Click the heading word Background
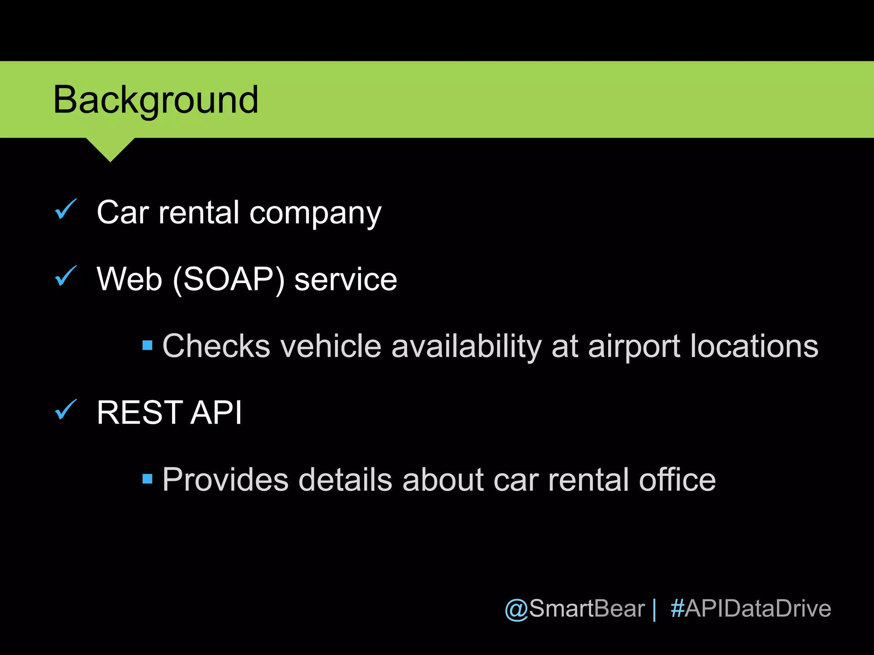pos(156,100)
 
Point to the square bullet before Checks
pos(147,345)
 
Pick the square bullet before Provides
pos(147,478)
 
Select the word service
pos(346,279)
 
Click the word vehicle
pos(331,346)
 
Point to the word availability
pos(466,347)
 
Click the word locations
pos(754,346)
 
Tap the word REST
pos(140,412)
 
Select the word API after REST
pos(216,412)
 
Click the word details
pos(345,479)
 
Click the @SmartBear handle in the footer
pos(574,609)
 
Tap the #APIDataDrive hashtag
pos(751,609)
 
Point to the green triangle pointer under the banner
pos(110,148)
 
